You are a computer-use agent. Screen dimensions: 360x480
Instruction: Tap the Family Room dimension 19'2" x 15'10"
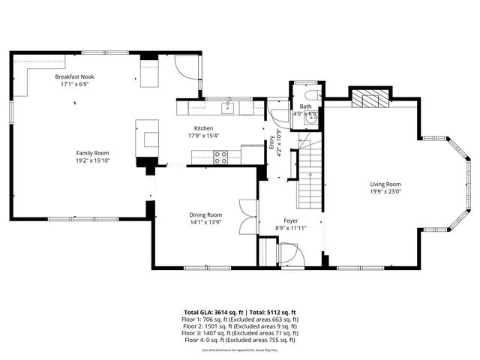point(93,160)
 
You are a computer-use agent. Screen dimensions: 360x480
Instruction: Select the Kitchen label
point(204,128)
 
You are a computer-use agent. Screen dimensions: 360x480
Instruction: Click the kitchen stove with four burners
point(221,157)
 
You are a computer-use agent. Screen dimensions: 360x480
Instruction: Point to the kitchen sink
point(227,109)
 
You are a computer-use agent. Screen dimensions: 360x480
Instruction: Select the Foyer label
point(291,221)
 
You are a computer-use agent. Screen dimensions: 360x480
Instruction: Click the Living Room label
point(385,184)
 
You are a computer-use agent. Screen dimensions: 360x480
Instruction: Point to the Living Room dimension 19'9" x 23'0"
point(385,191)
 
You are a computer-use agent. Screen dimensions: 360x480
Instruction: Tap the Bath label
point(306,106)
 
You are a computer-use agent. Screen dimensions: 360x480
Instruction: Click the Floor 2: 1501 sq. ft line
point(239,326)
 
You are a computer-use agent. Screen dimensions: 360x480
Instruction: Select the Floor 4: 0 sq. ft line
point(239,340)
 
